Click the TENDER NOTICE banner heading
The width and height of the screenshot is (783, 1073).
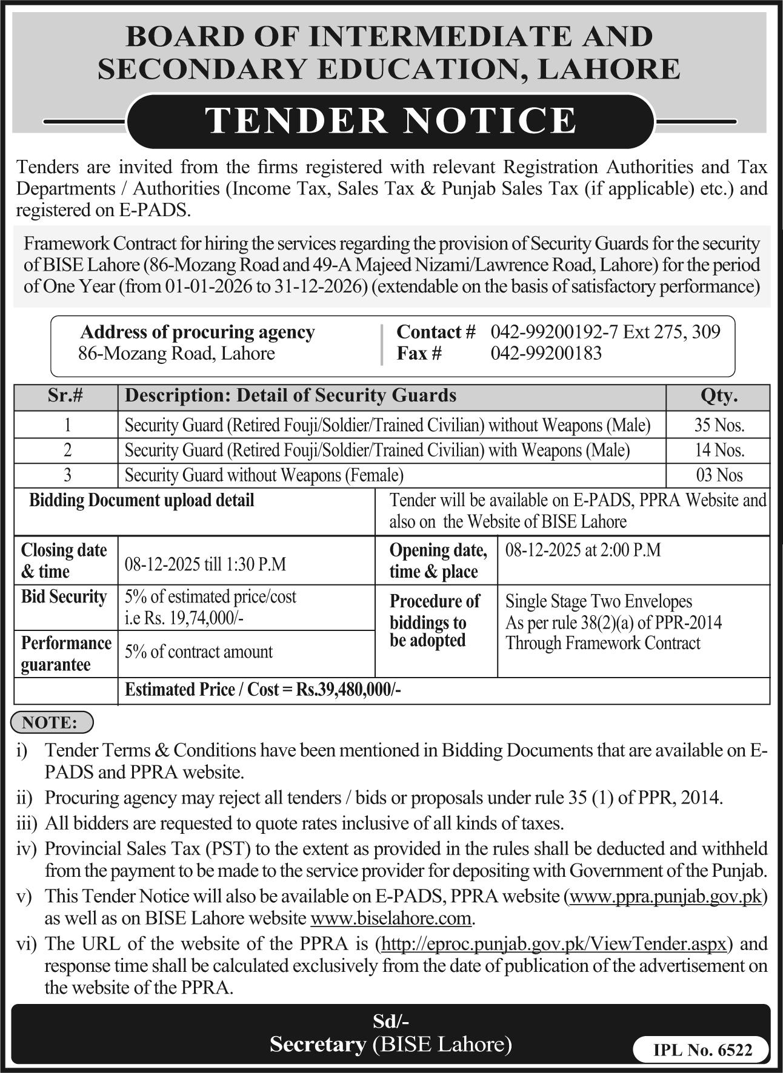391,120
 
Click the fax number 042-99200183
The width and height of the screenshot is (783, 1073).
545,353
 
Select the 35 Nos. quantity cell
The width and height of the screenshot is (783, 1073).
719,425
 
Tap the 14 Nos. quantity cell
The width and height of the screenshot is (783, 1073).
719,450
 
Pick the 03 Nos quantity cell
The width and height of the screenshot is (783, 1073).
719,475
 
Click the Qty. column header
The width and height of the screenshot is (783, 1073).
719,396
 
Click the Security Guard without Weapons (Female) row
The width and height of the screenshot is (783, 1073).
264,475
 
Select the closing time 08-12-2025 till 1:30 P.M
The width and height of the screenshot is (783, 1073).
205,564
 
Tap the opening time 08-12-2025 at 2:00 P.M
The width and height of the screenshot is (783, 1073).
582,550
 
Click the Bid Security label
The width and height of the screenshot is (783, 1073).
64,596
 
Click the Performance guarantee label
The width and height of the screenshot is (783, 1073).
65,653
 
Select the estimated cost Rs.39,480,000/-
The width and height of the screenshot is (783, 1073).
348,690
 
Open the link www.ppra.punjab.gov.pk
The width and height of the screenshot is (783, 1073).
665,896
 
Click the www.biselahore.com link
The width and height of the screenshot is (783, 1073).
390,919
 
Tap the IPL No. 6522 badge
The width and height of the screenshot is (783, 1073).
702,1051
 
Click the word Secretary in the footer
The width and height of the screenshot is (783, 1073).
318,1044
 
